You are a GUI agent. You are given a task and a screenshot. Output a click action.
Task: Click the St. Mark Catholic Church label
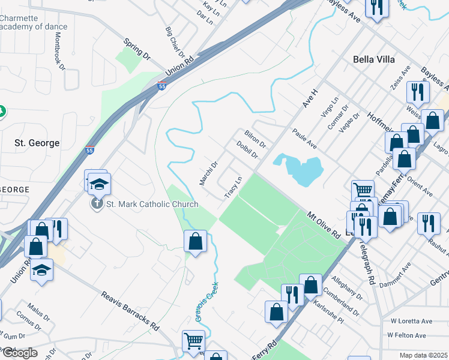[x=152, y=205]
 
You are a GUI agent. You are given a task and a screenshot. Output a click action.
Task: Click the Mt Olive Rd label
[x=324, y=225]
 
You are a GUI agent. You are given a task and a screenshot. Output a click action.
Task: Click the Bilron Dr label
[x=255, y=139]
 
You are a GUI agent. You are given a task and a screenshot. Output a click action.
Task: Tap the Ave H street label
[x=309, y=95]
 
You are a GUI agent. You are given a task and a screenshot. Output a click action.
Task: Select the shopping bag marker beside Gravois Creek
[x=195, y=242]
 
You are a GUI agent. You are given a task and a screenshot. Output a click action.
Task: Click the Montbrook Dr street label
[x=60, y=50]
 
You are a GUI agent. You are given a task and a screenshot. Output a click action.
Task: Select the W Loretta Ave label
[x=411, y=322]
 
